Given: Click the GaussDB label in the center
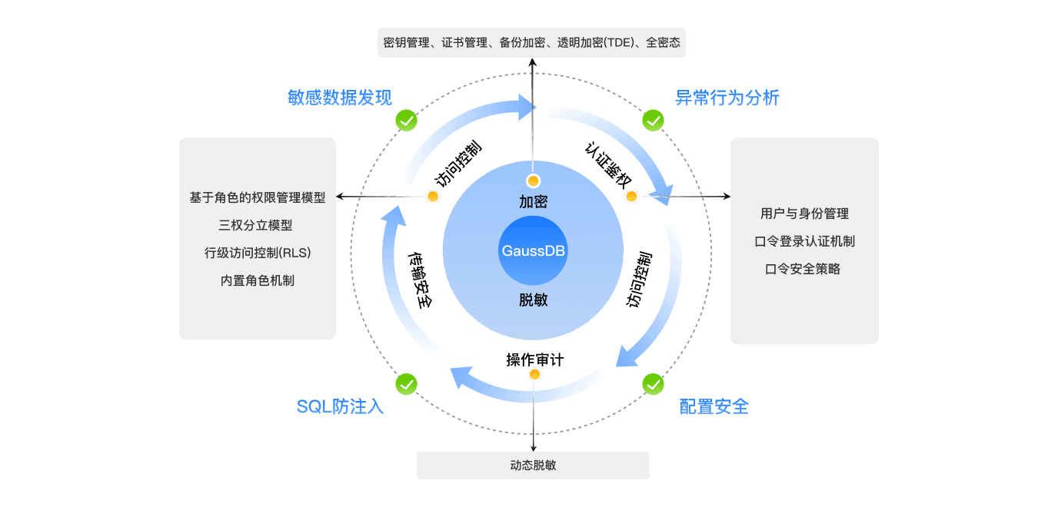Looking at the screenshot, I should (533, 251).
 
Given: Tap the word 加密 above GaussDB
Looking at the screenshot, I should (533, 202).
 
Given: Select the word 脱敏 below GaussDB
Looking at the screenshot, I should (533, 300).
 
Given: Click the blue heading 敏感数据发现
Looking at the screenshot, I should (339, 98).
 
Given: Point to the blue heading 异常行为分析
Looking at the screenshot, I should (727, 98).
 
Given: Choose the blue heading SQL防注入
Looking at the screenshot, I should (340, 406).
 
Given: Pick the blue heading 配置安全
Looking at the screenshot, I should (714, 406).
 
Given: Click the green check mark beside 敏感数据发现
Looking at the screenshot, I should (406, 121).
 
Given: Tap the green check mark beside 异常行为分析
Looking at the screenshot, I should (653, 121).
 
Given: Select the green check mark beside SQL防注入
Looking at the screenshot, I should (406, 383).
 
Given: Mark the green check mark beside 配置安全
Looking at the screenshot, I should (653, 383).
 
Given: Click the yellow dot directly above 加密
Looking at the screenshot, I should (533, 181).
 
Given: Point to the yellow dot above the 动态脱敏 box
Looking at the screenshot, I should (534, 374).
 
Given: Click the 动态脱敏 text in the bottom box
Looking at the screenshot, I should (533, 466).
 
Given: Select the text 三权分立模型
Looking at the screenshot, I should (256, 225).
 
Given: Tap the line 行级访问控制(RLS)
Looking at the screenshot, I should (258, 253).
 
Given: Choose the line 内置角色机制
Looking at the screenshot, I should (257, 280).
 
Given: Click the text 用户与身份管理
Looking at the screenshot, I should (804, 214).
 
